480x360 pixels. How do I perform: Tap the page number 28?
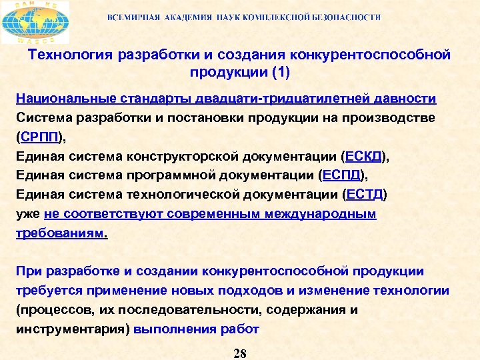(x=240, y=353)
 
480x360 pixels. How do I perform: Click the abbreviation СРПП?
(x=41, y=137)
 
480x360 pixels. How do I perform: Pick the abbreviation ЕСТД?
(x=364, y=195)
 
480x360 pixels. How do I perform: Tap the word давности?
(x=406, y=99)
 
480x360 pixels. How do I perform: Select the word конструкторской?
(x=179, y=157)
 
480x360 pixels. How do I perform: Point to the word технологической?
(x=179, y=195)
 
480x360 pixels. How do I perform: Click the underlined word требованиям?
(x=60, y=233)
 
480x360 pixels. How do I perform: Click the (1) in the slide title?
(x=277, y=71)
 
